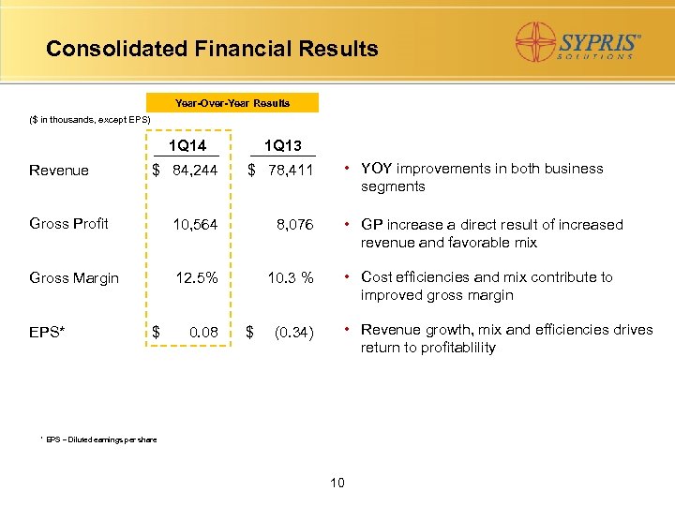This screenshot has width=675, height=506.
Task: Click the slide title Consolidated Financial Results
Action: click(x=212, y=49)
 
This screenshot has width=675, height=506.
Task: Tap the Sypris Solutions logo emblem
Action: click(x=538, y=41)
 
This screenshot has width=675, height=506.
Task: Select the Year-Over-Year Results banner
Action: click(x=232, y=102)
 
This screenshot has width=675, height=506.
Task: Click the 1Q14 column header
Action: click(x=187, y=145)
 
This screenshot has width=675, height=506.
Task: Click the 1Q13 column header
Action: click(x=282, y=145)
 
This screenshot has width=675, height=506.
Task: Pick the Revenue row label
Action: click(x=59, y=171)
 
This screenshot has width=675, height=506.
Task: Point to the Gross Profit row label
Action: click(x=68, y=223)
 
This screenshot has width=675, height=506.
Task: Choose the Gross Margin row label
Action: click(x=74, y=277)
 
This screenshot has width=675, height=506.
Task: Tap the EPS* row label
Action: click(x=47, y=331)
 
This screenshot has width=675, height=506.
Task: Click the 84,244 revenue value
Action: click(x=195, y=170)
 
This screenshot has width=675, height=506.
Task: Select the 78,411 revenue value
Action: click(x=292, y=170)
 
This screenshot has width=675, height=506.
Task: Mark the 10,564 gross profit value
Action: click(x=195, y=224)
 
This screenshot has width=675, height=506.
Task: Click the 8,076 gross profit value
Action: click(x=294, y=224)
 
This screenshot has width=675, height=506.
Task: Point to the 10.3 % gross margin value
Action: click(x=291, y=277)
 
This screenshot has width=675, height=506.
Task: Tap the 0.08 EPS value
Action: click(x=203, y=331)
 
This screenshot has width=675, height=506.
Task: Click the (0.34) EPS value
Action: click(x=292, y=331)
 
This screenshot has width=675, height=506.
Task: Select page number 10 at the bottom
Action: click(x=337, y=483)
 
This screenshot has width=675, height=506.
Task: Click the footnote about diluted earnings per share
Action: click(x=99, y=439)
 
